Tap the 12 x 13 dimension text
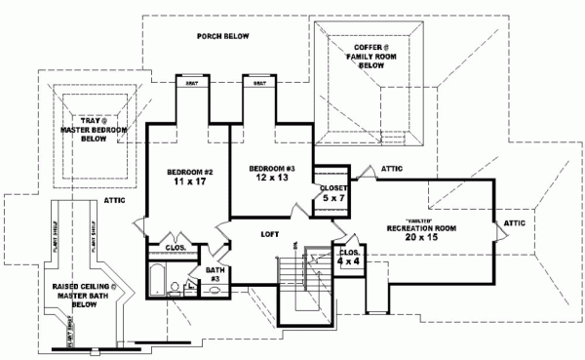pos(268,177)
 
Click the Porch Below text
pos(222,37)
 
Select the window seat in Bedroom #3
pos(260,84)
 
